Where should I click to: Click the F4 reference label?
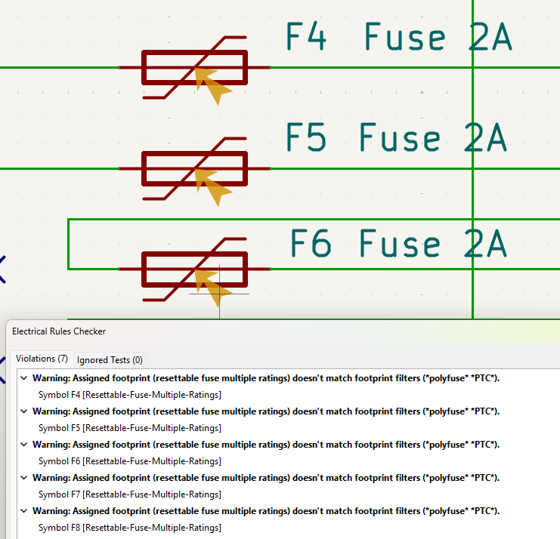tap(306, 37)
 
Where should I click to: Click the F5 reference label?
tap(306, 137)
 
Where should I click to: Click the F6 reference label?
tap(311, 243)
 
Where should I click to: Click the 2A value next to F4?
tap(490, 37)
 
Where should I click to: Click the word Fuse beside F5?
tap(401, 137)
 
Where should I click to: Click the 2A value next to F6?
tap(484, 243)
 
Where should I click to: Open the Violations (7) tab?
tap(42, 359)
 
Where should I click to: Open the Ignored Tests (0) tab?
tap(110, 360)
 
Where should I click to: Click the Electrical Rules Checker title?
tap(59, 331)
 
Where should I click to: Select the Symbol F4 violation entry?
tap(129, 395)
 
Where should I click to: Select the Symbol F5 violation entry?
tap(129, 428)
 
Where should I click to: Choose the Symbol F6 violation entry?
tap(129, 461)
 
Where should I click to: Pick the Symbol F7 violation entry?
tap(129, 494)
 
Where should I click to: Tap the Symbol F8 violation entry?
tap(129, 528)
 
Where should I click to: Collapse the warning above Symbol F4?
tap(24, 378)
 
